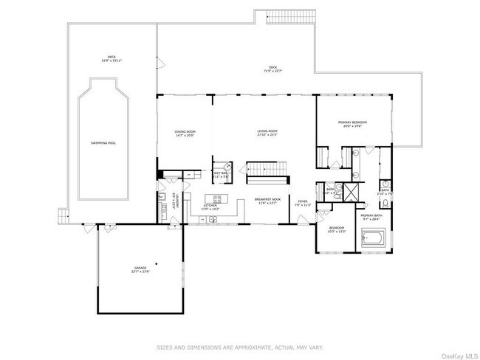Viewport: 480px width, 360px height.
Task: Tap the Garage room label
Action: pos(140,269)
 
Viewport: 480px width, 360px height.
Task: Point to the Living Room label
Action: pos(267,134)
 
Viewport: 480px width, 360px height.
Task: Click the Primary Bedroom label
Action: pos(352,123)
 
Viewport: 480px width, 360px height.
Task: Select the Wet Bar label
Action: pos(220,176)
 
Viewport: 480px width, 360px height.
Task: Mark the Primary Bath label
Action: pos(369,217)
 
